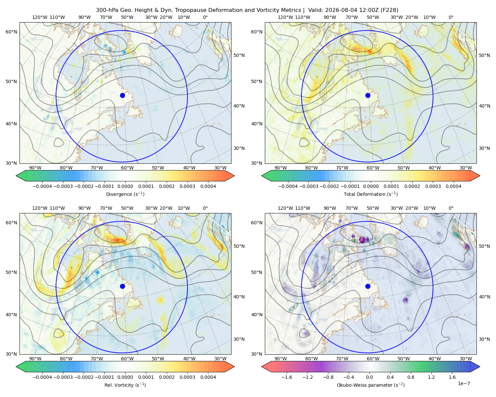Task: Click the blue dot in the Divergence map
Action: [x=122, y=95]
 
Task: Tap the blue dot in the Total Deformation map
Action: [x=368, y=95]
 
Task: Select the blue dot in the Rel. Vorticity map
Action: [x=122, y=286]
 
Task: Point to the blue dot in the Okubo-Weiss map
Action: [x=368, y=286]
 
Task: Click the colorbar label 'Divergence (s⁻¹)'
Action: [x=125, y=194]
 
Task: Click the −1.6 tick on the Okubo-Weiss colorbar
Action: [x=287, y=377]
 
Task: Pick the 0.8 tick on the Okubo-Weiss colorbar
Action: [x=411, y=377]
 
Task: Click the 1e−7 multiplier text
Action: [x=464, y=383]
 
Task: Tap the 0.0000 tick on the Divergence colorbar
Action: [x=125, y=186]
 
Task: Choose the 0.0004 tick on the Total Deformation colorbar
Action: [x=453, y=186]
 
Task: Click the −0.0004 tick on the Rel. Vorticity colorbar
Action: [x=42, y=377]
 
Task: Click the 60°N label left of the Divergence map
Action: [x=11, y=32]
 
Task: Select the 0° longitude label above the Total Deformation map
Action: [x=451, y=17]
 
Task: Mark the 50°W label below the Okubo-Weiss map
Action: [x=403, y=359]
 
